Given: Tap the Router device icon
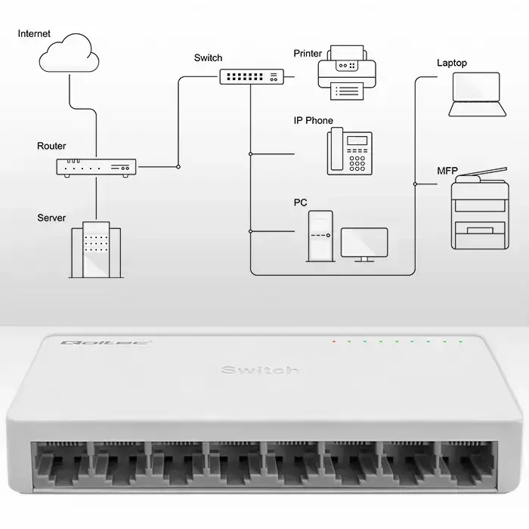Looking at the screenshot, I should [x=96, y=169].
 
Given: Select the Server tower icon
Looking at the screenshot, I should [x=96, y=249].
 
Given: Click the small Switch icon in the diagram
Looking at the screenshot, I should [x=252, y=76].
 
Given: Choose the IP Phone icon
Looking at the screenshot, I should [x=349, y=151].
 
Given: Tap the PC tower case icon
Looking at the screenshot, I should [x=320, y=236].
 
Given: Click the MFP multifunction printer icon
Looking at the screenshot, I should [x=478, y=209].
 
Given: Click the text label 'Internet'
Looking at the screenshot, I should [x=35, y=34].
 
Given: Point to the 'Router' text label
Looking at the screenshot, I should [x=51, y=146].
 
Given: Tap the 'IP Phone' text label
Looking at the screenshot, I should [x=313, y=121].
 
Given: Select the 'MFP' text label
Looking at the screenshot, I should [x=447, y=171].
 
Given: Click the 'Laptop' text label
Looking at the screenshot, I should [x=452, y=63].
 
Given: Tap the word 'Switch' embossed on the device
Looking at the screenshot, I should [x=259, y=370].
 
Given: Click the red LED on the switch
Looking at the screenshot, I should [x=333, y=342].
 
